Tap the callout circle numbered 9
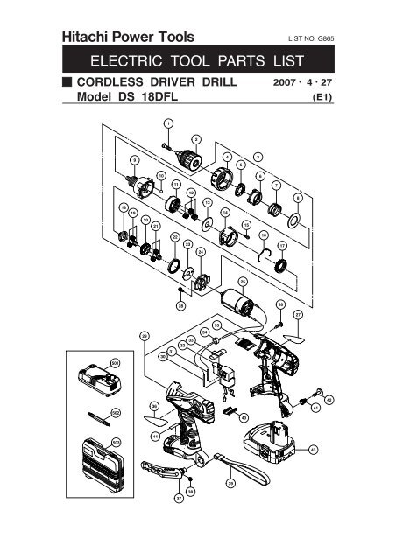pyautogui.click(x=135, y=160)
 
